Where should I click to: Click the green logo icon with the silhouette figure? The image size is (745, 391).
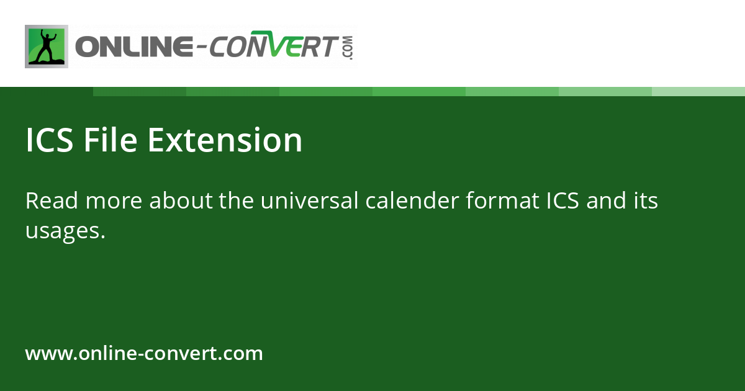pyautogui.click(x=47, y=47)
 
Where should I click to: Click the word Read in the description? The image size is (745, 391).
pyautogui.click(x=52, y=201)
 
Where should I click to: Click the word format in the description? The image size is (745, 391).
pyautogui.click(x=505, y=201)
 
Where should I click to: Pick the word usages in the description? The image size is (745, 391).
pyautogui.click(x=61, y=231)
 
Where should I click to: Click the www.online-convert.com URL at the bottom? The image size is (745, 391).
pyautogui.click(x=144, y=354)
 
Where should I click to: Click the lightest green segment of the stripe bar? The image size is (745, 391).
pyautogui.click(x=698, y=91)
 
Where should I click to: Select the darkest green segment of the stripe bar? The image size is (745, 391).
pyautogui.click(x=140, y=91)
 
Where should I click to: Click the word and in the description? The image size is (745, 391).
pyautogui.click(x=606, y=201)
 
